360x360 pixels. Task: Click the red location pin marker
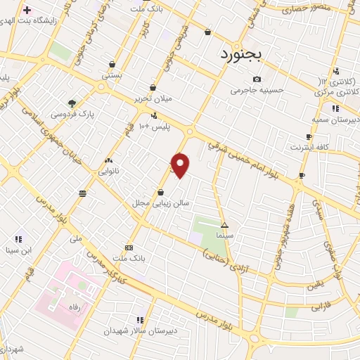(181, 165)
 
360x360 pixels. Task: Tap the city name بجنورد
(240, 54)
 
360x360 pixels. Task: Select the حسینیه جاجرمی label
(259, 90)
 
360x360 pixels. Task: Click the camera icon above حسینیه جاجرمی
(257, 79)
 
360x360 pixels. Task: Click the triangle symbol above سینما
(225, 226)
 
